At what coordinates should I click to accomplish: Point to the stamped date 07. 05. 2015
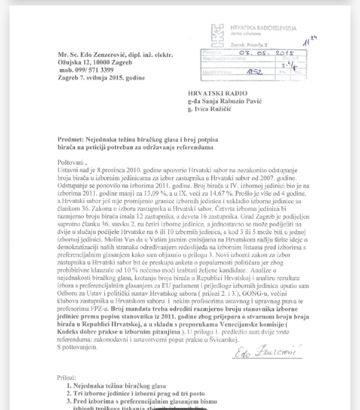(x=266, y=52)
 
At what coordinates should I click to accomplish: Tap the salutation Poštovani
(x=71, y=163)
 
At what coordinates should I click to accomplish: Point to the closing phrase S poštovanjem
(x=77, y=347)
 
